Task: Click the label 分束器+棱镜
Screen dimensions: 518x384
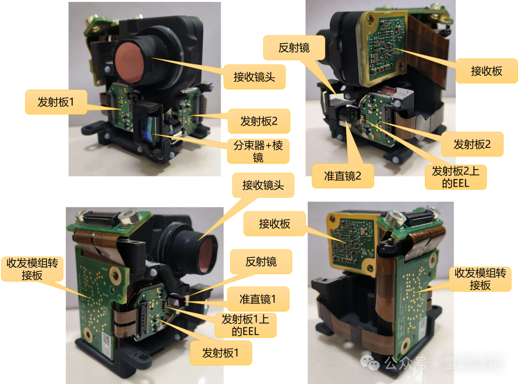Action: click(x=258, y=151)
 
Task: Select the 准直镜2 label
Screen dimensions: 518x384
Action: click(x=342, y=176)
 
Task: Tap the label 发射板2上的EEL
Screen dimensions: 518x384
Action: click(x=456, y=177)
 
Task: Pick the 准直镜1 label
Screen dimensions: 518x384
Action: click(x=258, y=299)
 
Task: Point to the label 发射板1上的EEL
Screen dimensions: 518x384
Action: click(x=245, y=325)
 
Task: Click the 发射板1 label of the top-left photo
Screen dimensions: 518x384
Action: click(x=56, y=102)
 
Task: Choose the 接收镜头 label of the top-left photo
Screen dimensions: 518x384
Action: click(x=254, y=77)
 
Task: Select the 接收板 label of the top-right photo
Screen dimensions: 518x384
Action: click(x=487, y=71)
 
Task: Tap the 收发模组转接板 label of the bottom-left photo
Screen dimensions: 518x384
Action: click(x=32, y=269)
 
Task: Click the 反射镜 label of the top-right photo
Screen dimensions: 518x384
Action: click(x=294, y=48)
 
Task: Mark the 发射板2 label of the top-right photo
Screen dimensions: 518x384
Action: click(x=472, y=144)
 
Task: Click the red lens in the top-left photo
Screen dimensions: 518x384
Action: click(x=129, y=62)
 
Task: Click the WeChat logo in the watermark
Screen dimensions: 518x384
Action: click(x=370, y=363)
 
